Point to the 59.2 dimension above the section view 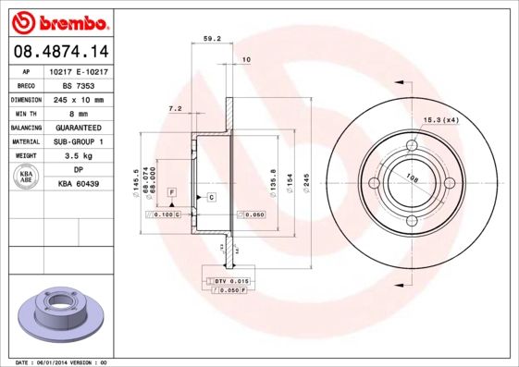click(211, 39)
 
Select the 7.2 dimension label click(174, 109)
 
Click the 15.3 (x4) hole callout click(441, 119)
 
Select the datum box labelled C click(211, 198)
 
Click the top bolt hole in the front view click(413, 145)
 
